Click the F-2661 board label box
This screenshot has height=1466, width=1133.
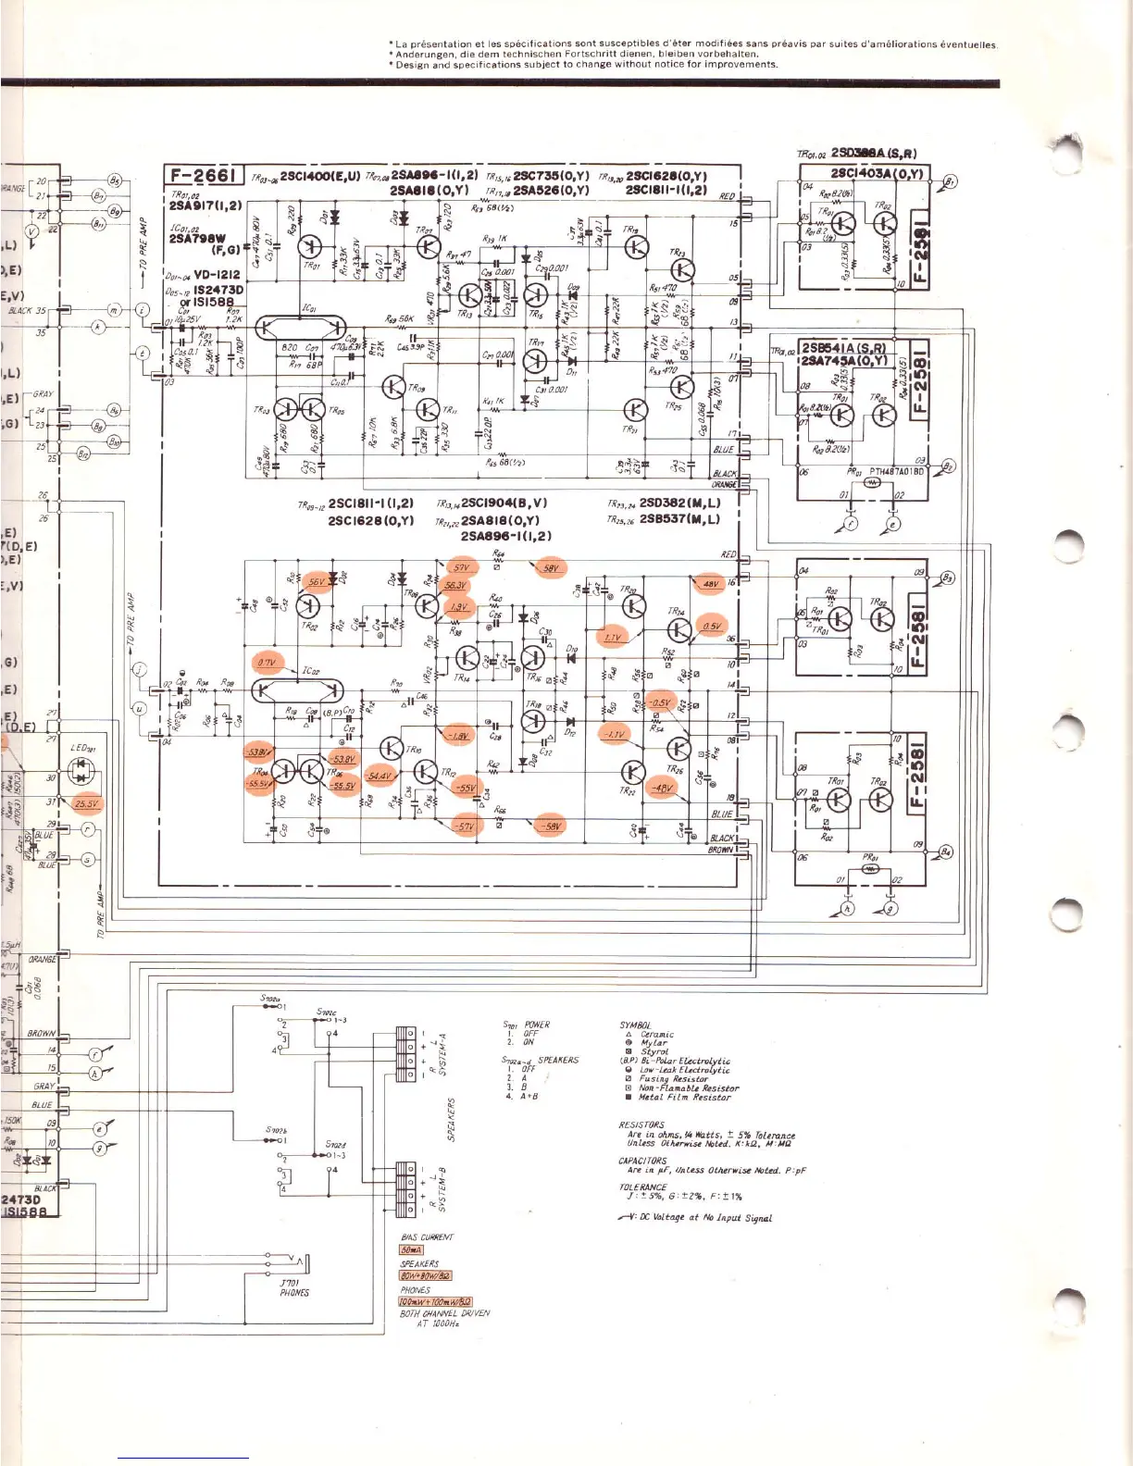pyautogui.click(x=204, y=176)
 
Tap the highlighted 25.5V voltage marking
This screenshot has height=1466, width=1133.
pyautogui.click(x=87, y=804)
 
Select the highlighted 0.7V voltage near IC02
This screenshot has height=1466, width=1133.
pyautogui.click(x=267, y=663)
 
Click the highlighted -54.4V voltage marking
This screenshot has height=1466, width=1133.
pyautogui.click(x=380, y=776)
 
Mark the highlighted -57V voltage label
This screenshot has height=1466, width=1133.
pyautogui.click(x=462, y=826)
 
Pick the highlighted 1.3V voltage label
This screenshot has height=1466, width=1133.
pyautogui.click(x=457, y=607)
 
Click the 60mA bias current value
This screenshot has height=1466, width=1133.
pyautogui.click(x=411, y=1250)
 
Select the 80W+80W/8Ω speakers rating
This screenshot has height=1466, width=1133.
pyautogui.click(x=425, y=1276)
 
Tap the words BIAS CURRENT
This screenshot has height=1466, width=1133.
pyautogui.click(x=427, y=1237)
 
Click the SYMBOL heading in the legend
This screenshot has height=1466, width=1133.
pyautogui.click(x=634, y=1025)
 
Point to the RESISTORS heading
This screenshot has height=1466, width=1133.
pyautogui.click(x=641, y=1125)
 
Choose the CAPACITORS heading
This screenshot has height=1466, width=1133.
pyautogui.click(x=642, y=1161)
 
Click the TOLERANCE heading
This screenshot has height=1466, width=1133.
pyautogui.click(x=642, y=1186)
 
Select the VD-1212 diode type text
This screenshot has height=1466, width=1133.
pyautogui.click(x=218, y=275)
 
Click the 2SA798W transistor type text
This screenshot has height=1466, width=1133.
pyautogui.click(x=197, y=239)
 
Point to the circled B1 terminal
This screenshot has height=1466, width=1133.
pyautogui.click(x=950, y=182)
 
